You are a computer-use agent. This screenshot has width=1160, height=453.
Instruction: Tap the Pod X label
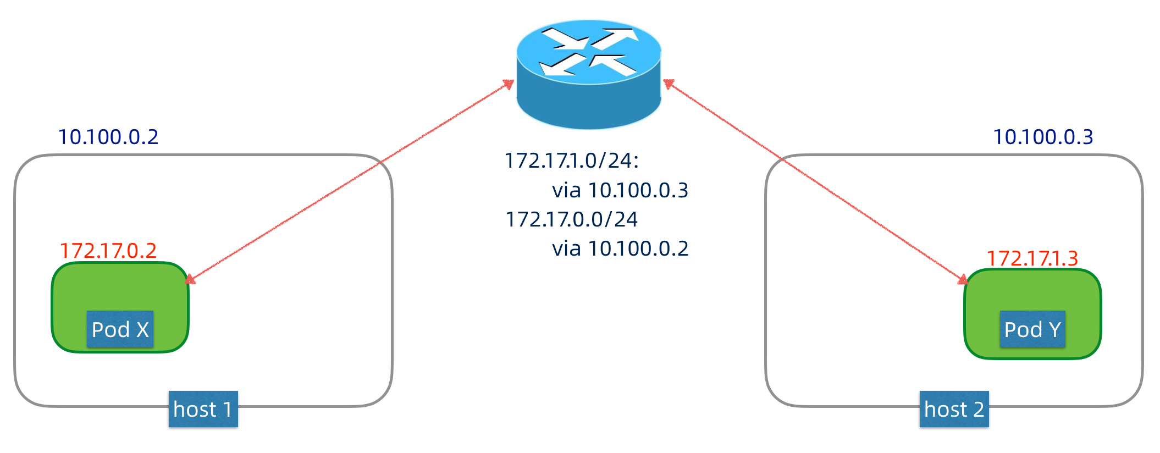click(x=120, y=329)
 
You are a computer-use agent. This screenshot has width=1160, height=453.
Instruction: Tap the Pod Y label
click(x=1032, y=329)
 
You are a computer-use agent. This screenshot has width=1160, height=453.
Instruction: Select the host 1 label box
click(x=203, y=409)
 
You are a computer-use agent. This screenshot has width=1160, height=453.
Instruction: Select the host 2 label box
click(x=954, y=409)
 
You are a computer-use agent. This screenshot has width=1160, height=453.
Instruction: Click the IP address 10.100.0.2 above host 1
click(x=108, y=137)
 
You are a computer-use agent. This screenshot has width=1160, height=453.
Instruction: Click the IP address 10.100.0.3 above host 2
click(x=1043, y=137)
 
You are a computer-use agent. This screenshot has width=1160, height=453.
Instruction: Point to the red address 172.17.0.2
click(x=108, y=251)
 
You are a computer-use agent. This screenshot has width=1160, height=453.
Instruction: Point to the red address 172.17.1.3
click(x=1032, y=258)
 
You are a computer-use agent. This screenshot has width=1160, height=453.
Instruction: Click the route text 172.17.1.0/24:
click(x=572, y=161)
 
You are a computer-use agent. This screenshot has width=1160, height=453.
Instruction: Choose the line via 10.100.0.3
click(x=620, y=190)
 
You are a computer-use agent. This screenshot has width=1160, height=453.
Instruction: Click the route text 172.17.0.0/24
click(x=571, y=219)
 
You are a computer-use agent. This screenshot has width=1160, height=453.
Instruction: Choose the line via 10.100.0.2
click(x=620, y=248)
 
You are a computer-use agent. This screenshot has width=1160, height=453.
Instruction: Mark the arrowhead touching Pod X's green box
click(x=190, y=279)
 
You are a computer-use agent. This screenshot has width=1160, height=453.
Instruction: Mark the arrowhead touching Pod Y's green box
click(x=963, y=280)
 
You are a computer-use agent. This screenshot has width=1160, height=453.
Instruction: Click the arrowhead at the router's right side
click(x=669, y=84)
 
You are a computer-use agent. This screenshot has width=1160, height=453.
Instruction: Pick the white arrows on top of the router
click(x=589, y=51)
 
